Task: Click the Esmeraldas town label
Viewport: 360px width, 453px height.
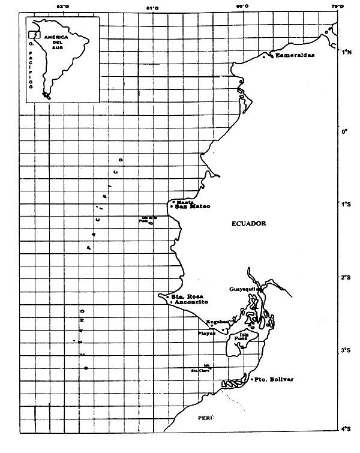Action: point(295,55)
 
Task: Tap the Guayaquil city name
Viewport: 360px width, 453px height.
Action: point(245,289)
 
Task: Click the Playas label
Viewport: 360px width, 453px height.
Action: point(206,332)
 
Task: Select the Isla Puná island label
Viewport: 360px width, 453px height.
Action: point(244,337)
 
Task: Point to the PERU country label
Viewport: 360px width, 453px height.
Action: point(206,416)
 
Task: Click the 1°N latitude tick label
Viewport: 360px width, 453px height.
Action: point(346,52)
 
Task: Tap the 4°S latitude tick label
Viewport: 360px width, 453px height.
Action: point(346,428)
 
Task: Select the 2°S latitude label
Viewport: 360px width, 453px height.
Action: point(346,277)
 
